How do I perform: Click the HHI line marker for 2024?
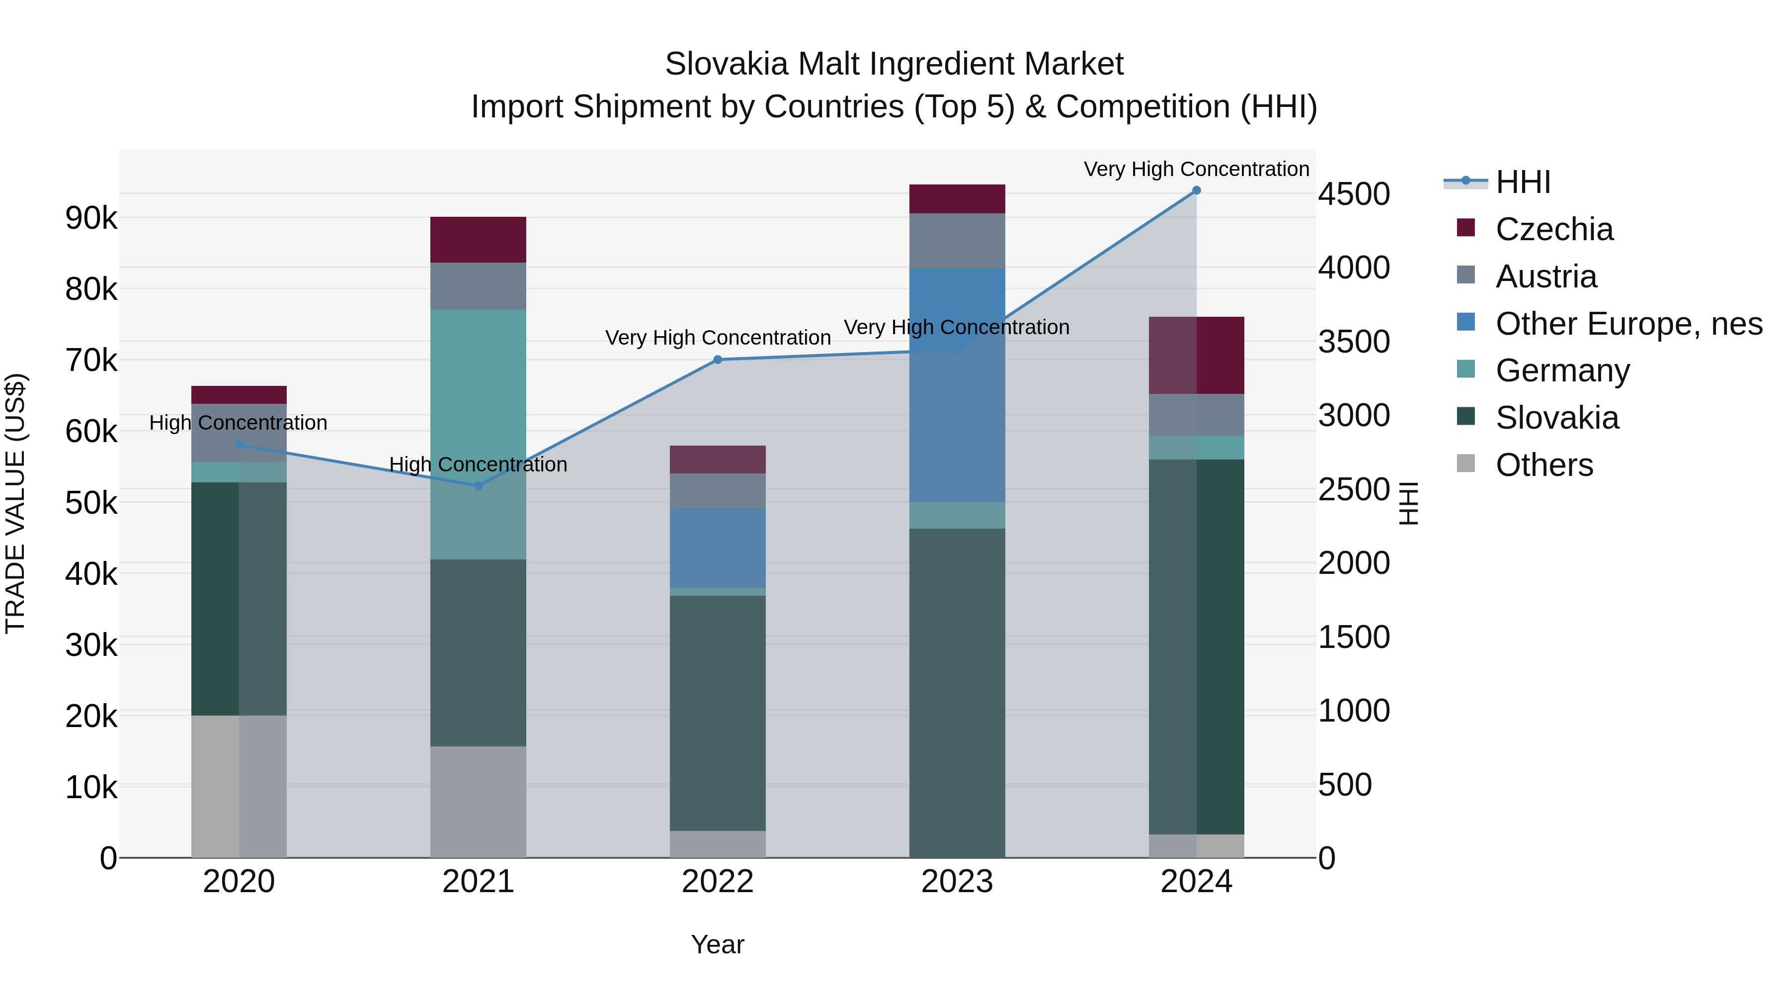(1196, 190)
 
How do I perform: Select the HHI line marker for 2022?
(718, 360)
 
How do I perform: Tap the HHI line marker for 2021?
(478, 486)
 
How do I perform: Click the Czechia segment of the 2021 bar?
(478, 239)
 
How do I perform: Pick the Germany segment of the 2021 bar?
(478, 434)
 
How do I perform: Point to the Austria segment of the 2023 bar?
(957, 241)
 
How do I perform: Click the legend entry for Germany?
(1562, 370)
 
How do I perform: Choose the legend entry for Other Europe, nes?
(1628, 324)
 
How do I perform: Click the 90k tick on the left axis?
(91, 218)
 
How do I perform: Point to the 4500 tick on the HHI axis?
(1354, 194)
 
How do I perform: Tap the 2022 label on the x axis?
(718, 882)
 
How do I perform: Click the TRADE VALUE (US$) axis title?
(15, 503)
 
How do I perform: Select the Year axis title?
(718, 944)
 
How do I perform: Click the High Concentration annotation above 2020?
(238, 423)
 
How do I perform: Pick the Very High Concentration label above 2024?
(1196, 169)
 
